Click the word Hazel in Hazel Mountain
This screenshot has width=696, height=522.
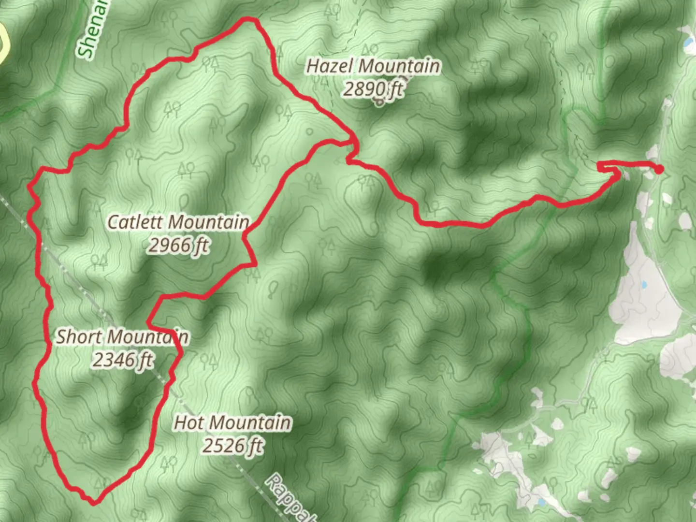[x=326, y=66]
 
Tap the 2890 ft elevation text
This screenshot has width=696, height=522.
[x=373, y=89]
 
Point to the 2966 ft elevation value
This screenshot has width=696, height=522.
[x=178, y=246]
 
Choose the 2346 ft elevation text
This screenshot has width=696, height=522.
[x=123, y=360]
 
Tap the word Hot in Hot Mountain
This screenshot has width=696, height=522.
[x=188, y=423]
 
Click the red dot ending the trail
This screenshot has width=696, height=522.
[x=659, y=169]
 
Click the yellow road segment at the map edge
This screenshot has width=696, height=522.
[x=4, y=43]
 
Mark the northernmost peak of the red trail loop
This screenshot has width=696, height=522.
[x=249, y=19]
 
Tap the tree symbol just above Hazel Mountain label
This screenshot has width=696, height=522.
[x=370, y=49]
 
